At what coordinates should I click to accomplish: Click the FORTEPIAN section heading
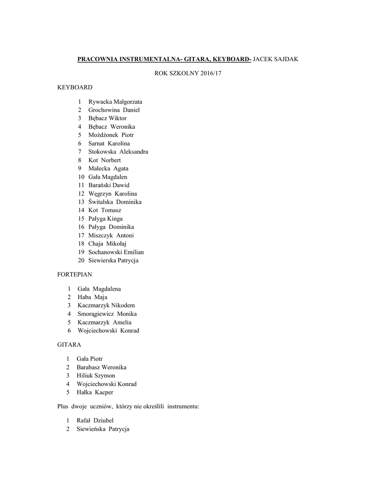75,274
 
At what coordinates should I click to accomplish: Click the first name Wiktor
118,118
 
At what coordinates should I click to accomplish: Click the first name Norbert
110,160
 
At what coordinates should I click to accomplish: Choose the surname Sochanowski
106,252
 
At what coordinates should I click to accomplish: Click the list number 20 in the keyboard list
82,260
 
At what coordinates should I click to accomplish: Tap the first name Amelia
122,323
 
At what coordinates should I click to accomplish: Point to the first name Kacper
104,393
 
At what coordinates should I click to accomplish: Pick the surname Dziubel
104,421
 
